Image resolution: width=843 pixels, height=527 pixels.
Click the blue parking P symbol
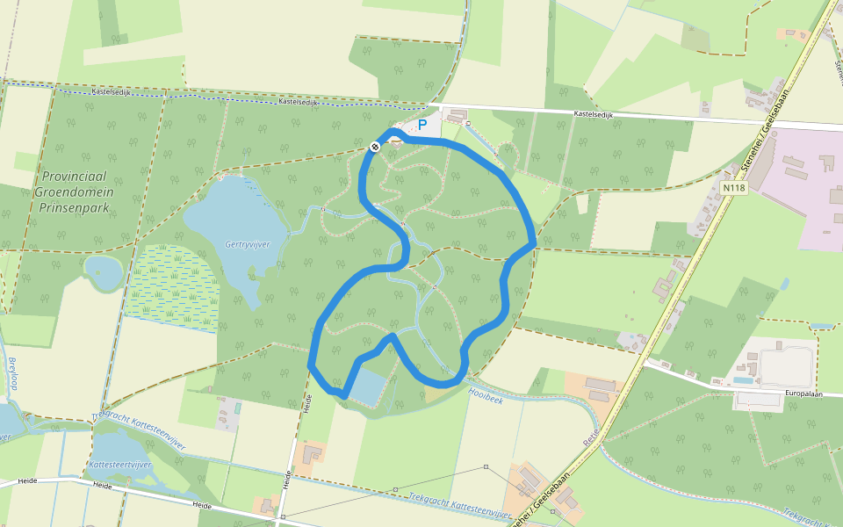coord(421,126)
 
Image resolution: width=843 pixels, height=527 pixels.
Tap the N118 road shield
coord(733,188)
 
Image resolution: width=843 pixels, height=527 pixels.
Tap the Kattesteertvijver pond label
coord(120,463)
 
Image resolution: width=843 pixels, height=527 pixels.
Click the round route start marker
coord(375,147)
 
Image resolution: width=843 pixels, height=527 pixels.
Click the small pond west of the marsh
coord(104,271)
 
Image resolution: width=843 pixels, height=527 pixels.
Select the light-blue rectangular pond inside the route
coord(368,386)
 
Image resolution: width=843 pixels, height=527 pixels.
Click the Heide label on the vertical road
coord(307,404)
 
